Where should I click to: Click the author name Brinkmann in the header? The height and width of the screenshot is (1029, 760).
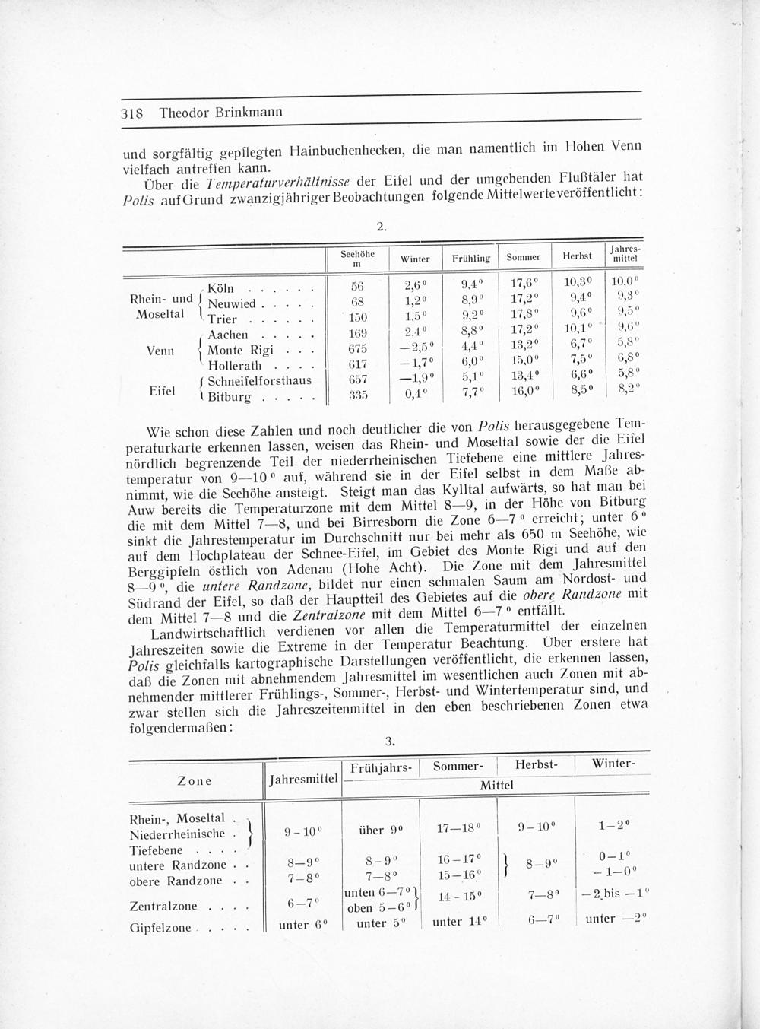point(248,112)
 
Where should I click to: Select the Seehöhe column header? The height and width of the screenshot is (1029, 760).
point(357,258)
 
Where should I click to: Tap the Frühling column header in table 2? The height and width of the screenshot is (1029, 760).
point(470,259)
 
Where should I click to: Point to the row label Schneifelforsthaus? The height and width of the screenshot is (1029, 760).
point(258,381)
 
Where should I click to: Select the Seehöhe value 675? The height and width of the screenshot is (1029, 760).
point(357,349)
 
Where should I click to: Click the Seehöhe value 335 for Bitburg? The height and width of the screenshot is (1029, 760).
point(357,395)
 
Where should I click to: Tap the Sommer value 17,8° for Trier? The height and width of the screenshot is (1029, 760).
point(524,316)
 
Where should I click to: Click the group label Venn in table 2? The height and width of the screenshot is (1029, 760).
point(160,351)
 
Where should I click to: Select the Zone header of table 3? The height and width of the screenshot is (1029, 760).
point(194,781)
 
